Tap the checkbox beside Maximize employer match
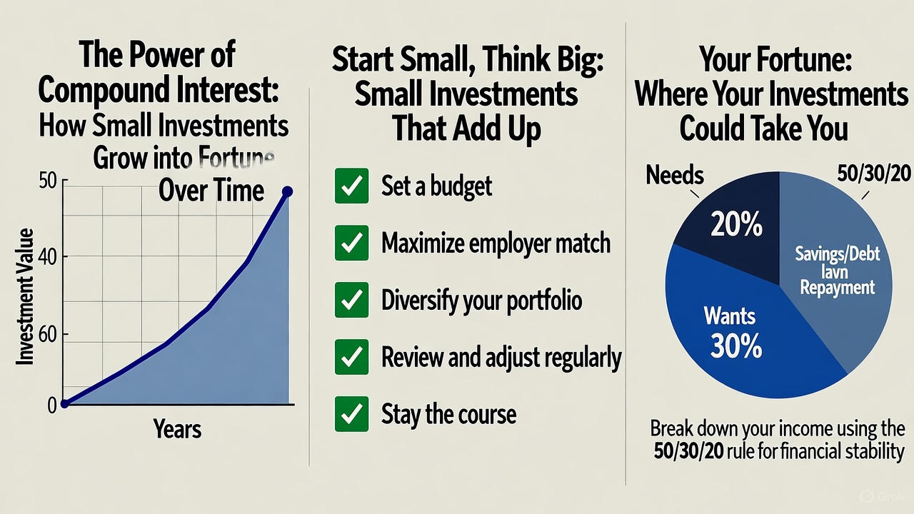(x=351, y=243)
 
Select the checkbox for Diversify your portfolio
(x=351, y=300)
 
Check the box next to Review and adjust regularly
(x=351, y=356)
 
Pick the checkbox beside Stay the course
(x=351, y=413)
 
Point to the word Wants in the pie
(x=729, y=315)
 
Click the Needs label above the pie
(x=675, y=175)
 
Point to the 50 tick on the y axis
(x=47, y=181)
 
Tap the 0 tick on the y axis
(x=51, y=405)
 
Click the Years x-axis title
(x=177, y=429)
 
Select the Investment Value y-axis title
(x=25, y=296)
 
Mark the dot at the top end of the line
(x=287, y=191)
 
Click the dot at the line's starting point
(x=64, y=403)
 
